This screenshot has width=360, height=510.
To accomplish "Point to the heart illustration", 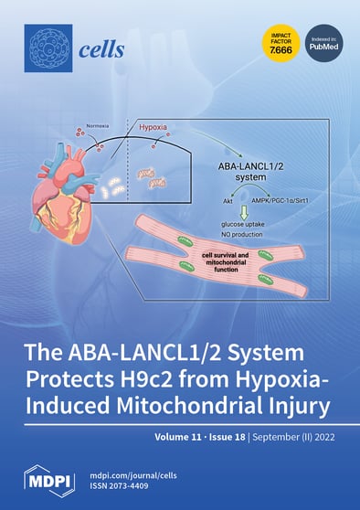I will point(63,192).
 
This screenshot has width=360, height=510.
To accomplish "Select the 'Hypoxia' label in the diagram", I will point(159,127).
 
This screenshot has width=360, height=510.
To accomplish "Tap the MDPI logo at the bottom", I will point(48,479).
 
